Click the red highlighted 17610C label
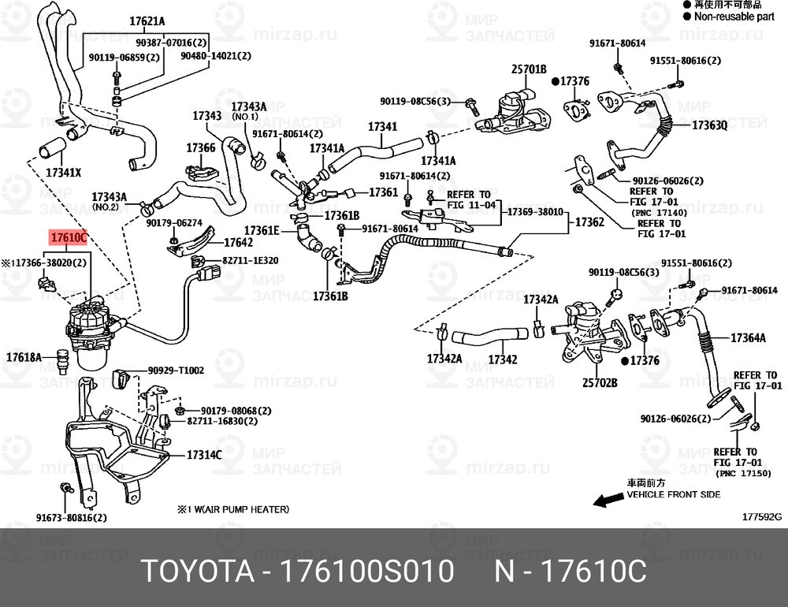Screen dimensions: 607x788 (x=68, y=236)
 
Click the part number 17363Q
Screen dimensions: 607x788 (x=709, y=125)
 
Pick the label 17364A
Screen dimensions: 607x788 (x=748, y=338)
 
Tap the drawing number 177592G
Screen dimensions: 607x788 (x=760, y=518)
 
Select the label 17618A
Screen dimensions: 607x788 (x=24, y=357)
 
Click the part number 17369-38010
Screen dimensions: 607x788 (x=534, y=212)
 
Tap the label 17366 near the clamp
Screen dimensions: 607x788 (x=200, y=147)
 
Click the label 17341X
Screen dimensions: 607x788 (x=63, y=172)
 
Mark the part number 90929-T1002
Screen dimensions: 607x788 (x=176, y=370)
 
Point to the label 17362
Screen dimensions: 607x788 (x=589, y=223)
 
